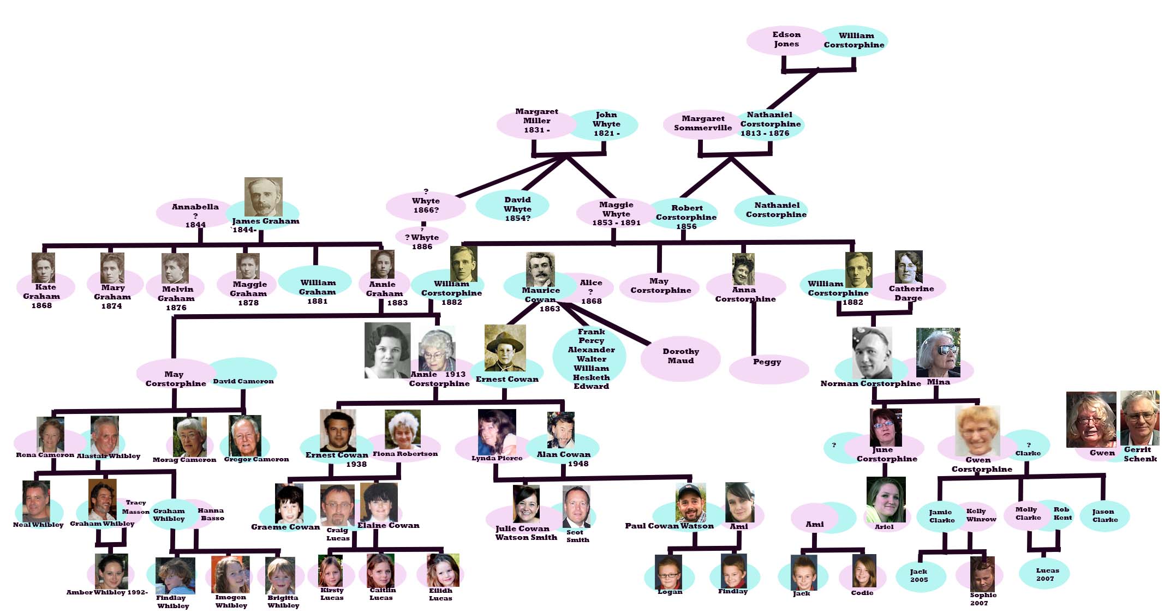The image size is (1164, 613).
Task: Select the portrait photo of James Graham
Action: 263,196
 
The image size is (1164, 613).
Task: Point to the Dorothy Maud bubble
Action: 681,357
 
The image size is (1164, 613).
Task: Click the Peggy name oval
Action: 768,366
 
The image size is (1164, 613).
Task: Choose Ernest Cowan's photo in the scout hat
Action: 505,348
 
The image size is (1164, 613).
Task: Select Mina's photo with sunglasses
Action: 938,352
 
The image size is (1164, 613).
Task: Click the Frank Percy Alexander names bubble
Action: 590,358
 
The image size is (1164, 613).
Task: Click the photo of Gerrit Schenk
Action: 1139,418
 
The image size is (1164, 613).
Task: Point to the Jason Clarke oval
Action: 1105,515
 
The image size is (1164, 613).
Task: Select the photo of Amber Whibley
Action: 111,571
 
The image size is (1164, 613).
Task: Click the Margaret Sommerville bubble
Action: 702,124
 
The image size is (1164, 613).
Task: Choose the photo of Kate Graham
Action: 43,267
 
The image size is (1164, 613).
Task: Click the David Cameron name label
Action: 243,376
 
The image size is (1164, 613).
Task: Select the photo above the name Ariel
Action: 886,499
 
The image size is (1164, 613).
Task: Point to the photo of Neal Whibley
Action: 37,501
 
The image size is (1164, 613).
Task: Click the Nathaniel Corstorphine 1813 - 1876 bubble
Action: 771,124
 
